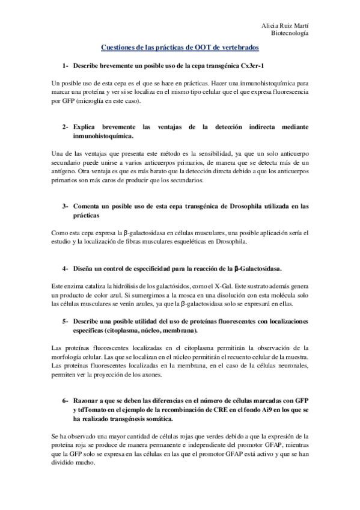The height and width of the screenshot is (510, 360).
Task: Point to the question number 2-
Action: coord(65,127)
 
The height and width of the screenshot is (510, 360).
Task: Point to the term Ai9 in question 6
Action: coord(258,410)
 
